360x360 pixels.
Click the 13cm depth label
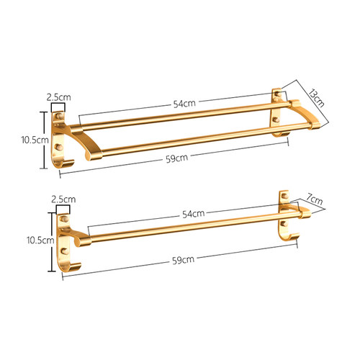(x=317, y=98)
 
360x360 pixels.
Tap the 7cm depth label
(x=315, y=199)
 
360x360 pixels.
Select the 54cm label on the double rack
(x=184, y=104)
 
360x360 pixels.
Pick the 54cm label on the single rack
(x=194, y=214)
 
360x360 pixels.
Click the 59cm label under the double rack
(x=177, y=158)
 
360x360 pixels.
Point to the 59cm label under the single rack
(x=183, y=260)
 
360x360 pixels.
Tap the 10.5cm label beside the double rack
(x=35, y=140)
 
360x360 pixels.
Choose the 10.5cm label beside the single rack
(x=40, y=240)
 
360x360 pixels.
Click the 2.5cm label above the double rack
(x=59, y=97)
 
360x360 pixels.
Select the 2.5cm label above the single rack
(x=63, y=199)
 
